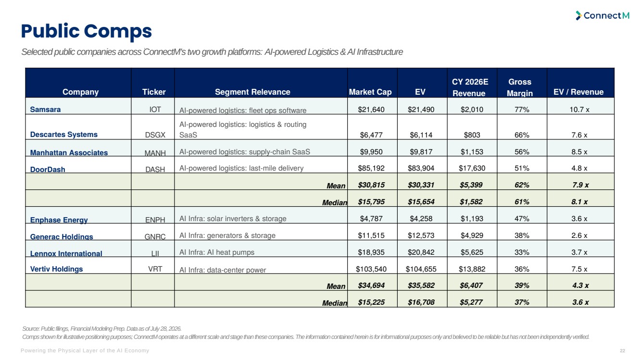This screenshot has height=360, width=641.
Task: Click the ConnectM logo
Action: coord(603,15)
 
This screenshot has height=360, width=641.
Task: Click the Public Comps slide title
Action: coord(86,31)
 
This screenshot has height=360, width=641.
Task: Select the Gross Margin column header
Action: coord(520,87)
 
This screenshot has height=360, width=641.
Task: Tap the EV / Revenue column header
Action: coord(578,92)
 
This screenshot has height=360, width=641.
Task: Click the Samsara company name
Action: coord(45,110)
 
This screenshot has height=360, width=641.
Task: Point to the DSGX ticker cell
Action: coord(155,135)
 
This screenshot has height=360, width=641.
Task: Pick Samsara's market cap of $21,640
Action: coord(371,110)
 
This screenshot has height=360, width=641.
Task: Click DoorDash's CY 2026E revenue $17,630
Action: coord(472,168)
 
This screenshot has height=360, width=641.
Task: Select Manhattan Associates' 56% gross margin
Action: coord(522,152)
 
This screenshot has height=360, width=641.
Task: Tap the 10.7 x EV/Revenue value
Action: coord(579,110)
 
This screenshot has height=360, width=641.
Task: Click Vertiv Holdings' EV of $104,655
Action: coord(421,269)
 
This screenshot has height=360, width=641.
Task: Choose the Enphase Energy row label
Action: coord(59,220)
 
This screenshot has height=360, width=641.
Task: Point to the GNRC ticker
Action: coord(155,237)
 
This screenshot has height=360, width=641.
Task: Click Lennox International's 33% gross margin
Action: coord(522,252)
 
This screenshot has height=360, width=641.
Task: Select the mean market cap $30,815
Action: coord(371,185)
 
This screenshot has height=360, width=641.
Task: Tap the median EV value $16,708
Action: coord(421,302)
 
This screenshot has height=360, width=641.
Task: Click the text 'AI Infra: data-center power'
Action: coord(223,270)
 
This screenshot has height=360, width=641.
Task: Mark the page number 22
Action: coord(622,350)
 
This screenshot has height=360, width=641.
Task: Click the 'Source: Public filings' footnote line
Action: coord(101,329)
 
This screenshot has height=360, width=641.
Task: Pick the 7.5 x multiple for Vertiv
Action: coord(579,269)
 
